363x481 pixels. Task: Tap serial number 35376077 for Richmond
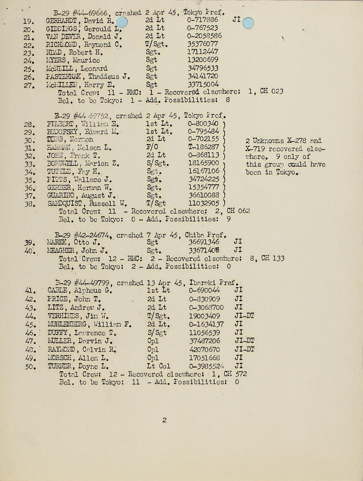pos(203,44)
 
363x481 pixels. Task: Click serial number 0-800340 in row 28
pos(203,124)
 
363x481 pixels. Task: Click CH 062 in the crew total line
pos(238,211)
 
